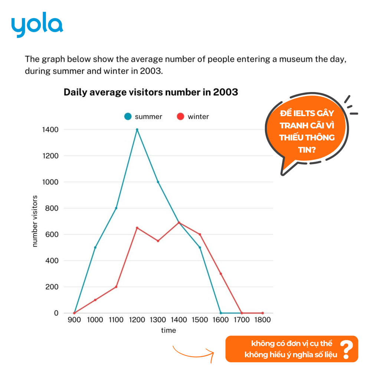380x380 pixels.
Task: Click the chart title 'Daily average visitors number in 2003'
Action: click(151, 92)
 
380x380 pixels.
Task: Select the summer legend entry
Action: click(144, 117)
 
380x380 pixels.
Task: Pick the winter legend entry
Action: click(193, 117)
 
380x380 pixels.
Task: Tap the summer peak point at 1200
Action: click(137, 130)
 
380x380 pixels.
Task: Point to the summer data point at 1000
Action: click(95, 248)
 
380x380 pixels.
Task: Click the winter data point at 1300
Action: click(158, 241)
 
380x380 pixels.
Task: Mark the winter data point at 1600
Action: click(221, 274)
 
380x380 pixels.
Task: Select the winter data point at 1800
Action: click(262, 313)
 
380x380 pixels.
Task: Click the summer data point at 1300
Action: click(158, 182)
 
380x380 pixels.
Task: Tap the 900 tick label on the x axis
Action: click(75, 320)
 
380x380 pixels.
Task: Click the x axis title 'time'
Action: click(168, 330)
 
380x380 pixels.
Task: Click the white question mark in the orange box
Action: click(347, 349)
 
